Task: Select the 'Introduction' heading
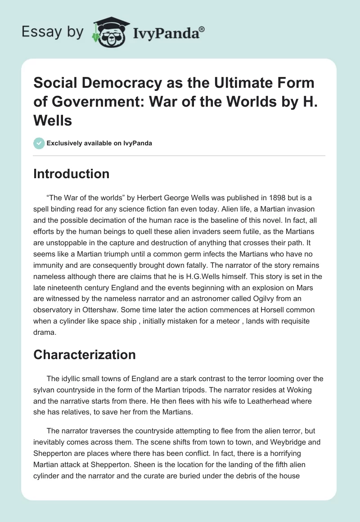[71, 174]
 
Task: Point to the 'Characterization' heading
[84, 355]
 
